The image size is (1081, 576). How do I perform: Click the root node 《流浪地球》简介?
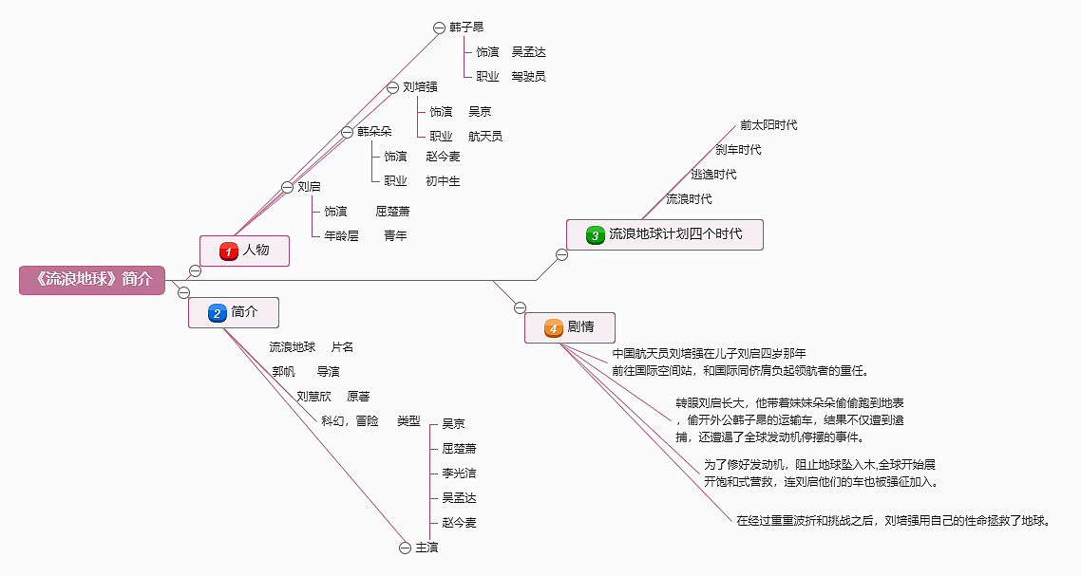click(92, 280)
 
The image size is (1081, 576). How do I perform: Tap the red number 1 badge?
click(229, 251)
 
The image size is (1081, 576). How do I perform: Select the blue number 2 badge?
click(218, 313)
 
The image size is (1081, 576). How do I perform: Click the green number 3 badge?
click(595, 235)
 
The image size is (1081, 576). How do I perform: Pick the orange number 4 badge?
click(554, 328)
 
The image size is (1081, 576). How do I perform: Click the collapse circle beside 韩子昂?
click(439, 28)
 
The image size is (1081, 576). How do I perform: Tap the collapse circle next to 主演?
click(406, 548)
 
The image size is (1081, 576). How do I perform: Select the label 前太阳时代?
click(768, 124)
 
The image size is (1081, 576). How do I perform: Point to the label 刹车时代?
click(738, 150)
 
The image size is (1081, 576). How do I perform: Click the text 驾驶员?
click(529, 77)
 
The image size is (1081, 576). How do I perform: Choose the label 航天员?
click(485, 137)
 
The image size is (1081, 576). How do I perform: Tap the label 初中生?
click(443, 181)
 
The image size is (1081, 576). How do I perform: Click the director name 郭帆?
click(283, 371)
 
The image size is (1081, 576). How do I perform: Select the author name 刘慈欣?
click(313, 396)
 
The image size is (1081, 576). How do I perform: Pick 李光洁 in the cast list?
click(459, 474)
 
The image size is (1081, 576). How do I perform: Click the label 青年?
click(396, 235)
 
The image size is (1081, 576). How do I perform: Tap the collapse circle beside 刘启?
click(288, 187)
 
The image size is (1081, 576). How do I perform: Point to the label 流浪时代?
click(689, 199)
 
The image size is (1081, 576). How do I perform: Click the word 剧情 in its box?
click(580, 326)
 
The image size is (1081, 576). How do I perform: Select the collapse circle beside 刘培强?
click(392, 87)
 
